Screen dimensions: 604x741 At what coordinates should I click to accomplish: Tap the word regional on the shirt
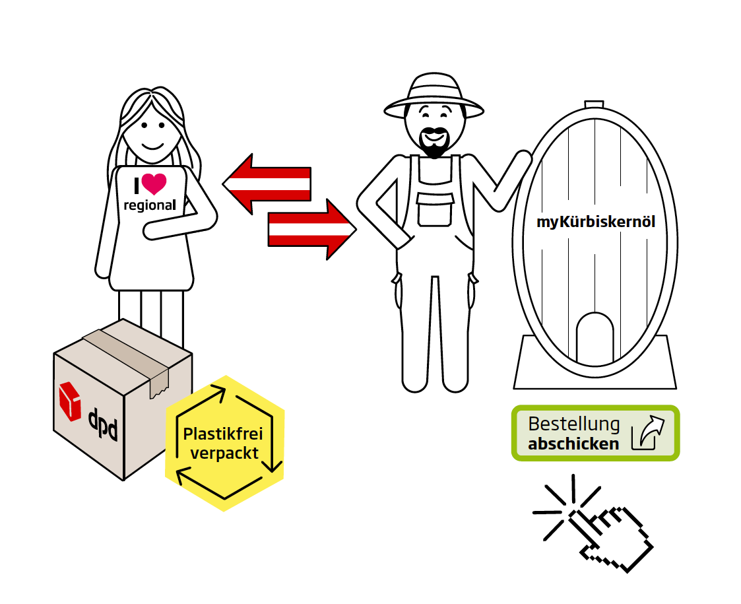pos(150,205)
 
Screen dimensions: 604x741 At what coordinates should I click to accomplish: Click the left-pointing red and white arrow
pos(267,184)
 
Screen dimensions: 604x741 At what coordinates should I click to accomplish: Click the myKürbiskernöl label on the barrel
pos(596,222)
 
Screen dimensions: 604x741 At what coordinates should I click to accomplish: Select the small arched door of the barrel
pos(595,340)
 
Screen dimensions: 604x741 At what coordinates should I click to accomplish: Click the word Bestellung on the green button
pos(574,424)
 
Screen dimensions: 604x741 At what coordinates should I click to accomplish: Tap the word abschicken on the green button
pos(573,444)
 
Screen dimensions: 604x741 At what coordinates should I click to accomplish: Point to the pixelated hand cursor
pos(610,535)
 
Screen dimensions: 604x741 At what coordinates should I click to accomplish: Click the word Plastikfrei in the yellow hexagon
pos(222,434)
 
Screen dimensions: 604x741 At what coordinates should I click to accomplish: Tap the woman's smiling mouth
pos(151,145)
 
